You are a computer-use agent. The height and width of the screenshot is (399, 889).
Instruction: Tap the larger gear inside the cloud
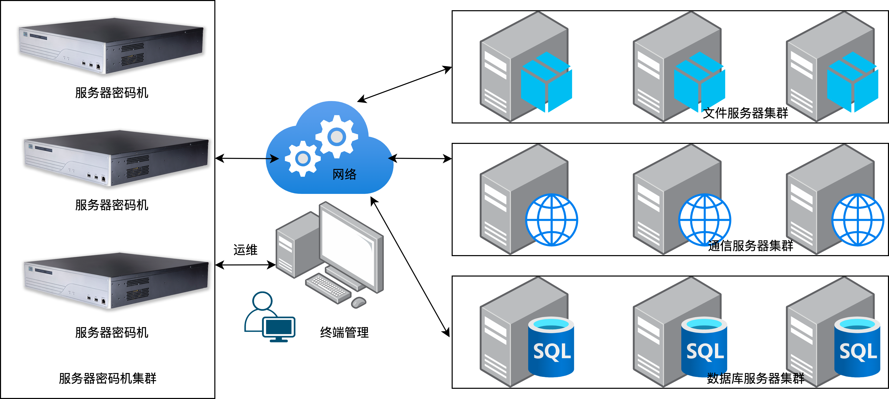337,137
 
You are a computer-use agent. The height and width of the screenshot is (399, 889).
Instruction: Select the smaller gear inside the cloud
302,159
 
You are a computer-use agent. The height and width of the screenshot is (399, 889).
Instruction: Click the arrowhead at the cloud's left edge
274,158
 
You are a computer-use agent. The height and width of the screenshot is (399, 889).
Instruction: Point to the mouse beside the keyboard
359,302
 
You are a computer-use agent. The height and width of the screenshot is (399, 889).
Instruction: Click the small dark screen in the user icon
279,327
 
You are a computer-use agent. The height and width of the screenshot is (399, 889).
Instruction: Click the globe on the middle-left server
551,220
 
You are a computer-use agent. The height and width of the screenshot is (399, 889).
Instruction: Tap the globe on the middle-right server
858,220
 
